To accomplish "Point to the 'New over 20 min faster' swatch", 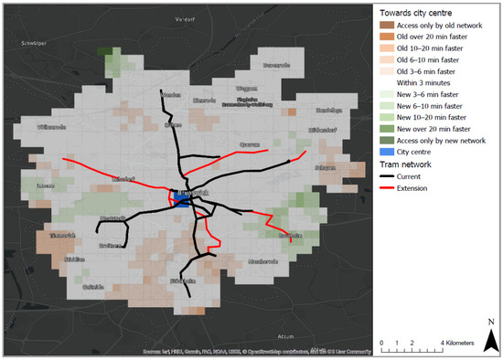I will click(x=388, y=129).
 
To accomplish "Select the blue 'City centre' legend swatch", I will click(x=388, y=153).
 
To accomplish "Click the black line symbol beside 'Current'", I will click(x=388, y=176).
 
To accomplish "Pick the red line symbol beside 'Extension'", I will click(x=388, y=188).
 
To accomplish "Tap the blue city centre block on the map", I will click(x=182, y=204).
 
